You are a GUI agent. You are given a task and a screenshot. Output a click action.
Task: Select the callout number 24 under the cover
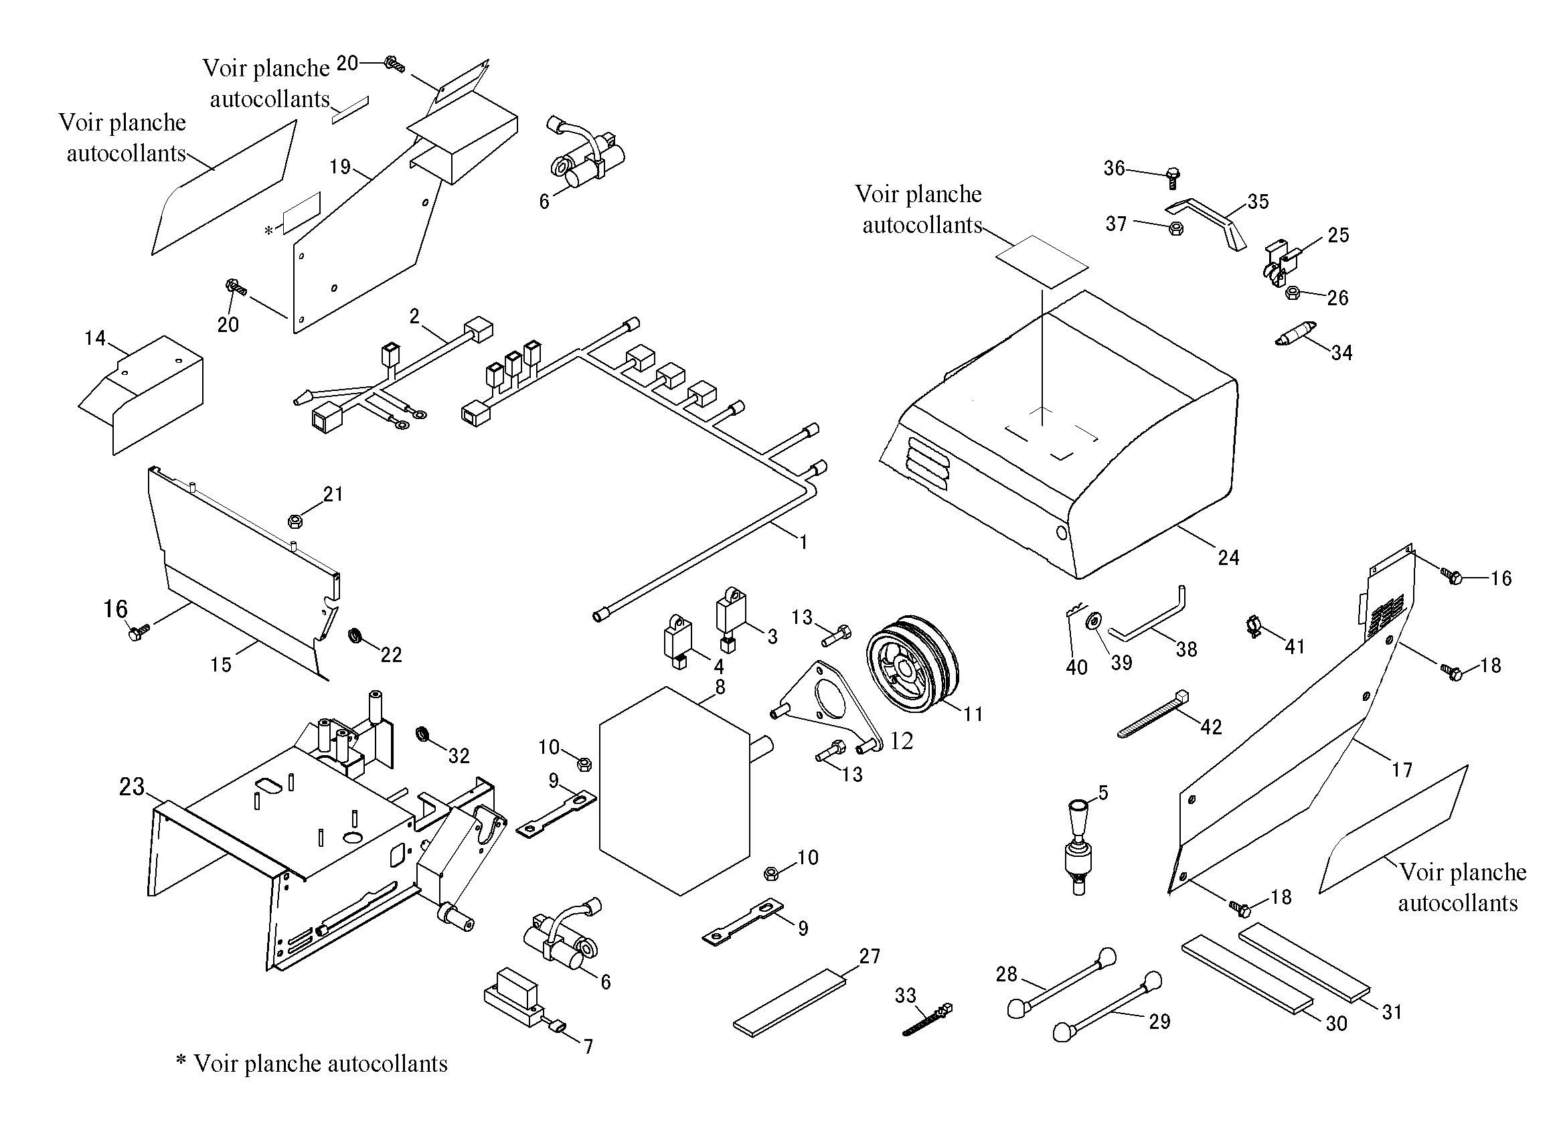pos(1228,558)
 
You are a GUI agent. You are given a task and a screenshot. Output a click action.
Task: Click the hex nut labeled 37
pos(1175,228)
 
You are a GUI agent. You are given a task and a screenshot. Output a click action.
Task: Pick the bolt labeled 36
pos(1173,177)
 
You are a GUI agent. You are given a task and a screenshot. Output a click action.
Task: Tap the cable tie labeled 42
pos(1153,714)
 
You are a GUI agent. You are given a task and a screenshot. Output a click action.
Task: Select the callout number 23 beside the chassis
pos(132,787)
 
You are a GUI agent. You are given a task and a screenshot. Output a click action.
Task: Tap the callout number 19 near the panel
pos(340,167)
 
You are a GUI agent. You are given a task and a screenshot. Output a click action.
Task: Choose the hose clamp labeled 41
pos(1255,626)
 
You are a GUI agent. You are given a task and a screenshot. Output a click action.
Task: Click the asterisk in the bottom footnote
pos(181,1060)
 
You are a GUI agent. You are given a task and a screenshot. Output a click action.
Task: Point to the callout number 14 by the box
pos(96,338)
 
